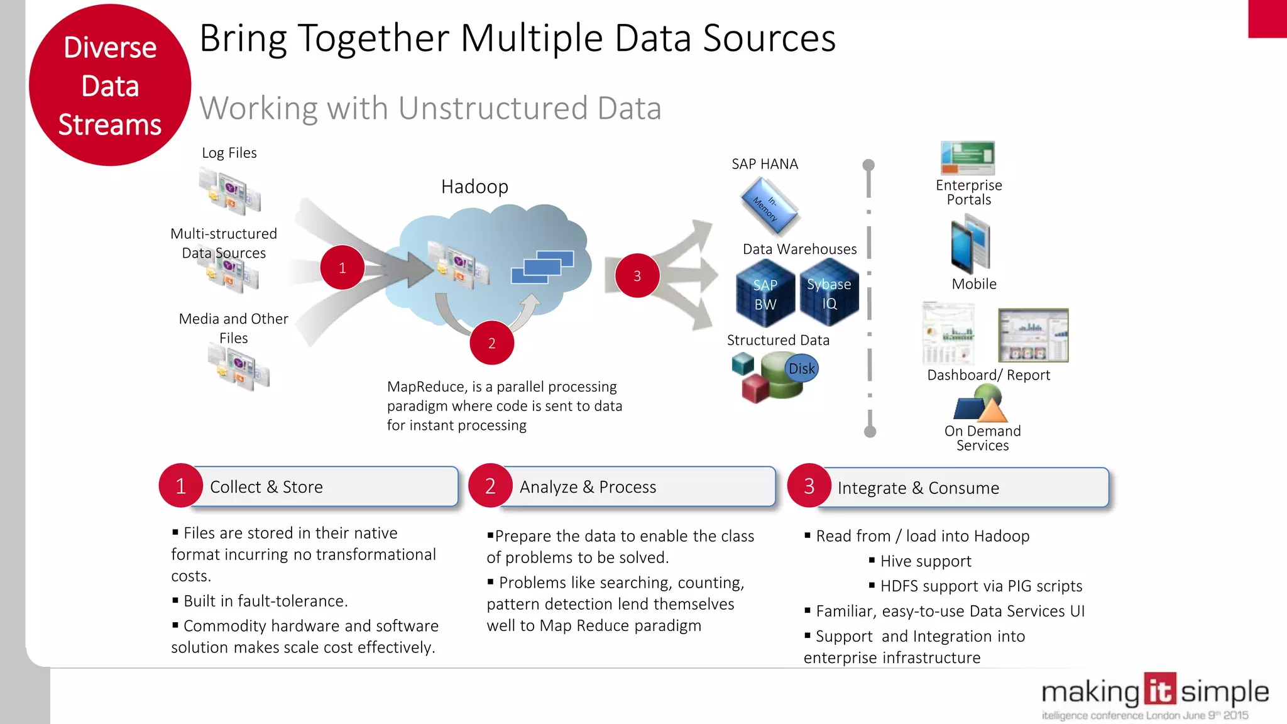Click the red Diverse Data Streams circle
[x=110, y=85]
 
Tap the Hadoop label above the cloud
[x=474, y=187]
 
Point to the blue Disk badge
[x=802, y=369]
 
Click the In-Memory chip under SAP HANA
[x=768, y=206]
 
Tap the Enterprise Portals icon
[x=968, y=158]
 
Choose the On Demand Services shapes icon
[x=981, y=404]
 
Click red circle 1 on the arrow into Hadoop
[x=342, y=268]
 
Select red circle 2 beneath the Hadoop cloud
[x=491, y=343]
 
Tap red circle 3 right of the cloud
[x=637, y=276]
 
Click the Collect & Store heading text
[x=266, y=487]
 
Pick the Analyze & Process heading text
[x=588, y=487]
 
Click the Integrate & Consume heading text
[x=918, y=488]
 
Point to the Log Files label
[x=229, y=153]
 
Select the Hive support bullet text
[x=926, y=561]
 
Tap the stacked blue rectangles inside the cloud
[x=542, y=266]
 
